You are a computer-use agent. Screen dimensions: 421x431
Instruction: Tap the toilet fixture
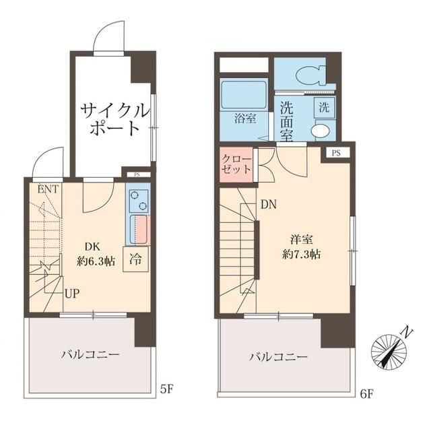click(311, 75)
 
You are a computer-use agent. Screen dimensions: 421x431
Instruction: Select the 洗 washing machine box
click(323, 106)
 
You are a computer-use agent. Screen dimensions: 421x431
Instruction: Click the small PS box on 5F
click(137, 175)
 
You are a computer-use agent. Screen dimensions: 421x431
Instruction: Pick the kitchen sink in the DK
click(140, 230)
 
